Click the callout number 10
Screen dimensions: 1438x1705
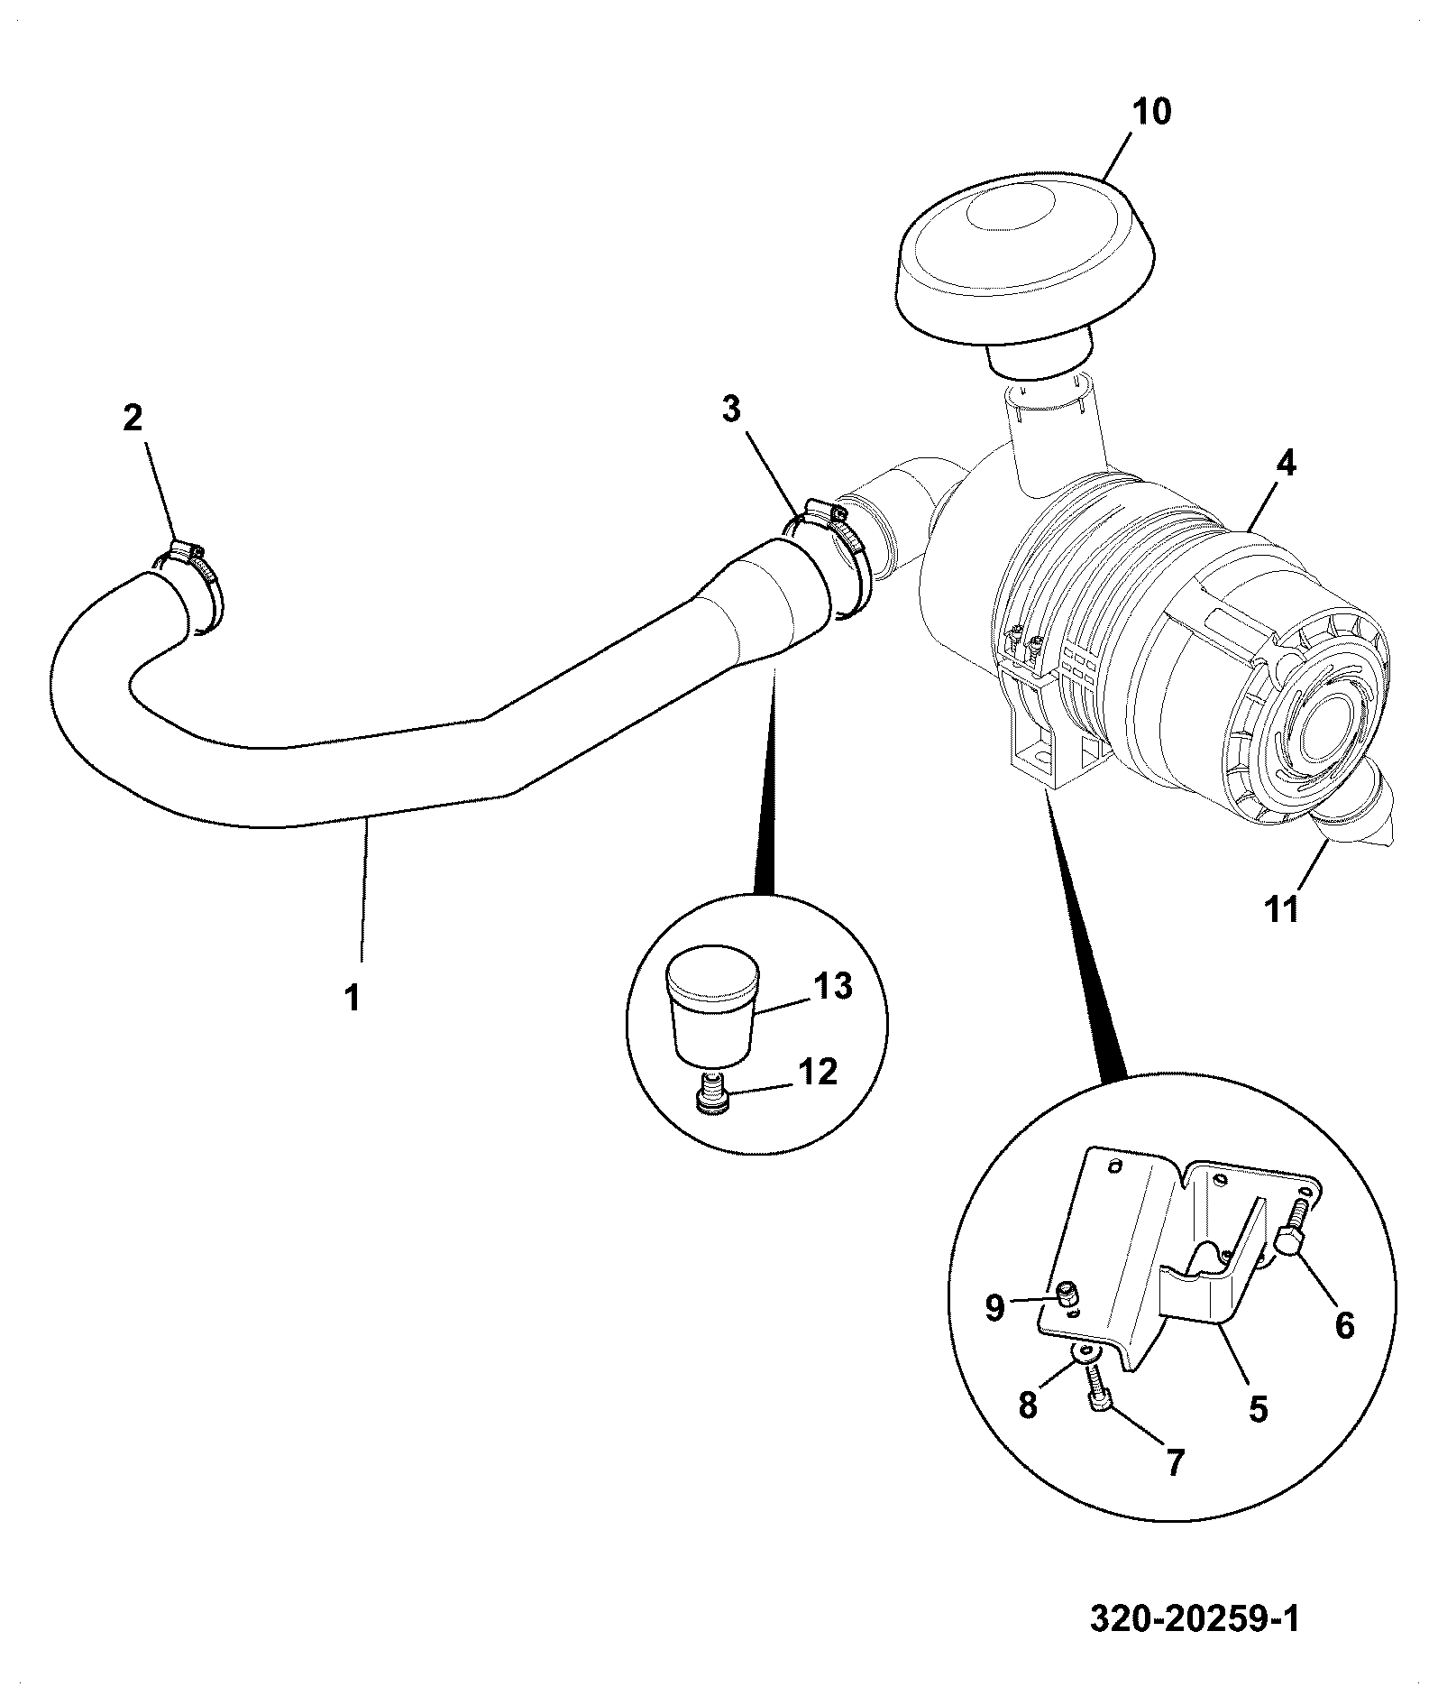(1151, 112)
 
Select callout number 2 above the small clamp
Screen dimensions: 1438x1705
(133, 418)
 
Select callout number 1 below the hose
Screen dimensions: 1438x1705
(353, 998)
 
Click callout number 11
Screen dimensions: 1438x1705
(1283, 908)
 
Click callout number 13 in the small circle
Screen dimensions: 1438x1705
(833, 986)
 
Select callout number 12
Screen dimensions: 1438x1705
(819, 1072)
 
